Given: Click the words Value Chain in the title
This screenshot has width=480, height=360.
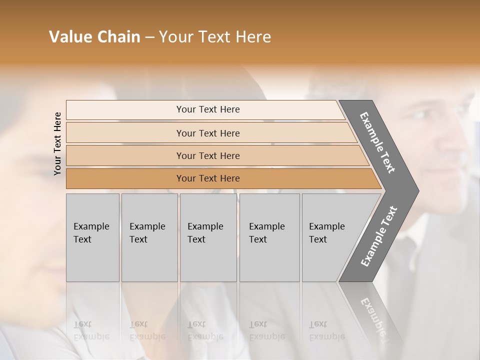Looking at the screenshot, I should (94, 37).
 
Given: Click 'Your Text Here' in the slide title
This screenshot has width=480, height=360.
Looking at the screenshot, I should (215, 37).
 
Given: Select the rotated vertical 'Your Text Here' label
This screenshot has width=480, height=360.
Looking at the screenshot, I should (57, 143).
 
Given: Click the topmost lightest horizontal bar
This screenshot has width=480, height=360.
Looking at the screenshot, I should (208, 109).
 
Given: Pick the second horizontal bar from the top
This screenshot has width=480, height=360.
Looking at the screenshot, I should (208, 133).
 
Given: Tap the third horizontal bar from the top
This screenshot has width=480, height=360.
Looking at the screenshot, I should (208, 155).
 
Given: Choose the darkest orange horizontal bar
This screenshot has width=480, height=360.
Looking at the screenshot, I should (208, 178).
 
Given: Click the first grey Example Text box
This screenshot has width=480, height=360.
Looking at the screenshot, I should (92, 237).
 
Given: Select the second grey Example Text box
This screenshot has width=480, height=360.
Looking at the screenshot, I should (149, 237).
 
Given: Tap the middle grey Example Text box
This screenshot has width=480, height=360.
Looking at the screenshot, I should (207, 237).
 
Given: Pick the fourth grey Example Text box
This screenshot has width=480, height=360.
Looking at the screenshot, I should (269, 237).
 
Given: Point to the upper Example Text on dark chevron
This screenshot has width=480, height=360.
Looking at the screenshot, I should (378, 142).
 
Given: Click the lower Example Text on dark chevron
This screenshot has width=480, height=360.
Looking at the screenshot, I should (379, 236).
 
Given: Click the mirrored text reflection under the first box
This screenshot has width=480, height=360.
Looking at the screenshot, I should (91, 330).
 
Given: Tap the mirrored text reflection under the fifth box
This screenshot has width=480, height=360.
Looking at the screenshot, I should (326, 330).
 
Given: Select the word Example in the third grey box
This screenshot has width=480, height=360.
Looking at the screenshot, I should (205, 226).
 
